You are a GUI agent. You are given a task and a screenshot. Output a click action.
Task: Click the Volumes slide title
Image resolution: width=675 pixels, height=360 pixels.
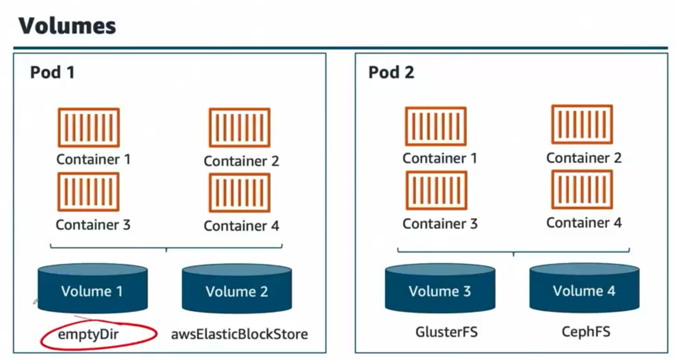click(67, 26)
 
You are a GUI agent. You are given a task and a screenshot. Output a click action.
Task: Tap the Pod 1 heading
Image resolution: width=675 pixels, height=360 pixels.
click(52, 73)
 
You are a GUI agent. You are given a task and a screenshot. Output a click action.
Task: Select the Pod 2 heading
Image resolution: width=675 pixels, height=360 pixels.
click(391, 73)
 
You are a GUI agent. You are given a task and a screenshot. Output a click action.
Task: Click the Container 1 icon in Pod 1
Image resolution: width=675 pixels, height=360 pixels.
click(89, 127)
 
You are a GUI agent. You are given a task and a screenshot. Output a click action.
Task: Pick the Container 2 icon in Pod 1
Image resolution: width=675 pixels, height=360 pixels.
click(239, 128)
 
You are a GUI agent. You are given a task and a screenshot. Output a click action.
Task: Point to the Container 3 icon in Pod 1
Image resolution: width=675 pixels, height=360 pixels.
click(89, 192)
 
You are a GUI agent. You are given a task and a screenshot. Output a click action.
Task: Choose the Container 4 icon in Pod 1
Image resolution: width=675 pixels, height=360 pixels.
click(239, 193)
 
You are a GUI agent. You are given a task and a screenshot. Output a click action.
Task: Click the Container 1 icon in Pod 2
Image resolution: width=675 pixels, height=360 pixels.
click(435, 126)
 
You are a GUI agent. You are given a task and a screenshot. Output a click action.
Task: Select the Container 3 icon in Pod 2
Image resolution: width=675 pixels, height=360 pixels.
click(435, 191)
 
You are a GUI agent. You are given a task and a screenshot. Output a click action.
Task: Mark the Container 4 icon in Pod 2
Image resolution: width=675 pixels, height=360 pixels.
click(582, 190)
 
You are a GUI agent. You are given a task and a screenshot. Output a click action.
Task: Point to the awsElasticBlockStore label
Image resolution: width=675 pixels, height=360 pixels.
click(240, 335)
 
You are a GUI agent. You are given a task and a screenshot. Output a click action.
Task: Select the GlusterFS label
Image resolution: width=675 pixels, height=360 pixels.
click(446, 333)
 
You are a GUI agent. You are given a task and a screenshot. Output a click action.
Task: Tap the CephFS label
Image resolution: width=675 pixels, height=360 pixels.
click(586, 333)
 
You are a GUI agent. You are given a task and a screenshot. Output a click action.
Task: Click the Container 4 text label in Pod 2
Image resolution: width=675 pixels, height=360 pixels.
click(584, 223)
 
